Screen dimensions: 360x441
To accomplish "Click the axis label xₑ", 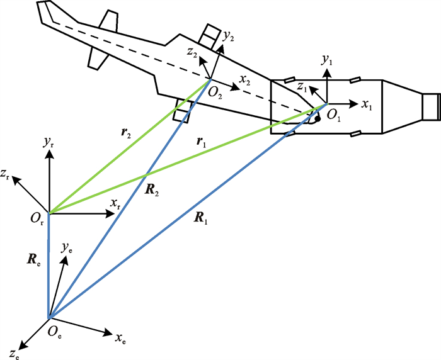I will (121, 340).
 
